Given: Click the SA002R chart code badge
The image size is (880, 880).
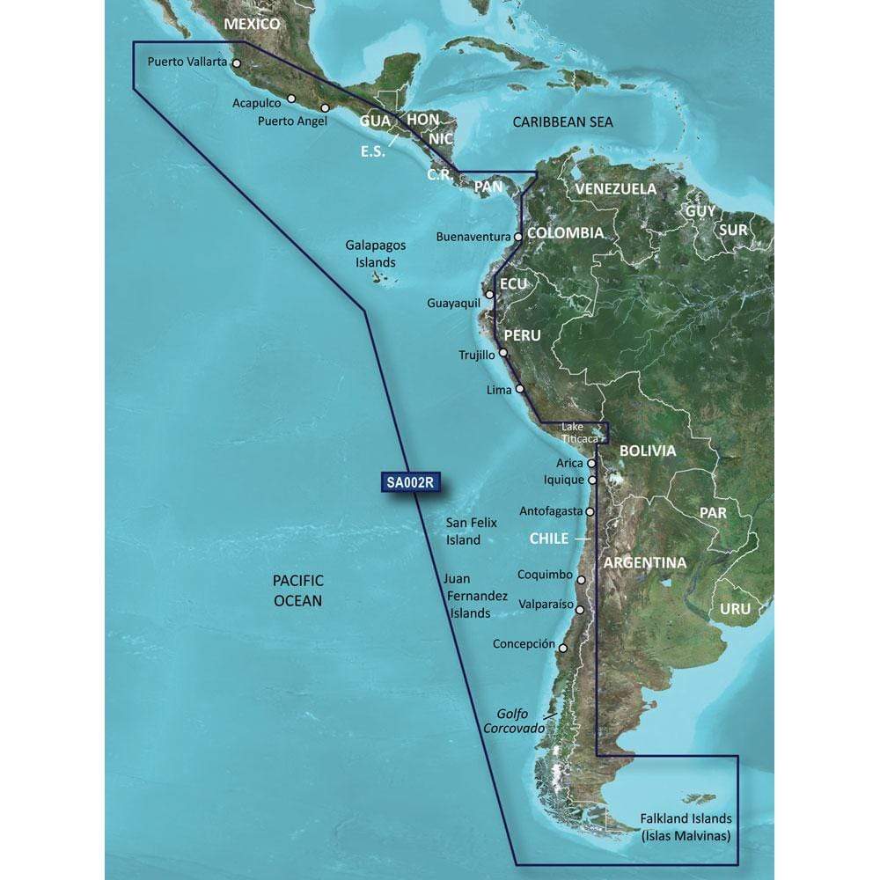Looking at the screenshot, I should point(412,481).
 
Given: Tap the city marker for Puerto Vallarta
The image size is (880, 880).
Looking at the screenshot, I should point(237,63).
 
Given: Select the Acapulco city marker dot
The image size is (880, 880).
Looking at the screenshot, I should point(291,99).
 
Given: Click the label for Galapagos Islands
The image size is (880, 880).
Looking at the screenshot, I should point(370,255).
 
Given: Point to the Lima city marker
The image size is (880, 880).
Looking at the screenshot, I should point(519,388).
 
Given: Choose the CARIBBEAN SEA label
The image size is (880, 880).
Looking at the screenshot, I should point(563,122).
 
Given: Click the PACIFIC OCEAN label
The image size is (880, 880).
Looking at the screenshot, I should point(298,590).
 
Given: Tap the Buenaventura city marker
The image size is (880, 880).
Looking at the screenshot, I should point(519,237).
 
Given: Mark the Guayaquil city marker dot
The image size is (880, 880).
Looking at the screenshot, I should point(489,295).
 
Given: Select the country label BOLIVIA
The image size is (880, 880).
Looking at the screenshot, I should point(648,451).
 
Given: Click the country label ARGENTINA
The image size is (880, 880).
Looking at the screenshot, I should point(645,562).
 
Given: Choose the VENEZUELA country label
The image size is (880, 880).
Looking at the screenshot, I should point(616,188).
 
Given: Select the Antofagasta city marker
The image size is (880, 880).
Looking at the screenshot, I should point(590,510).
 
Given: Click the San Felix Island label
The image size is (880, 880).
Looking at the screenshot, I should point(464,531).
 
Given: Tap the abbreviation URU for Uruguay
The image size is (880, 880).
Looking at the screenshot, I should point(736,609).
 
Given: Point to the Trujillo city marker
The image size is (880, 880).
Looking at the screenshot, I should point(503,354).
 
